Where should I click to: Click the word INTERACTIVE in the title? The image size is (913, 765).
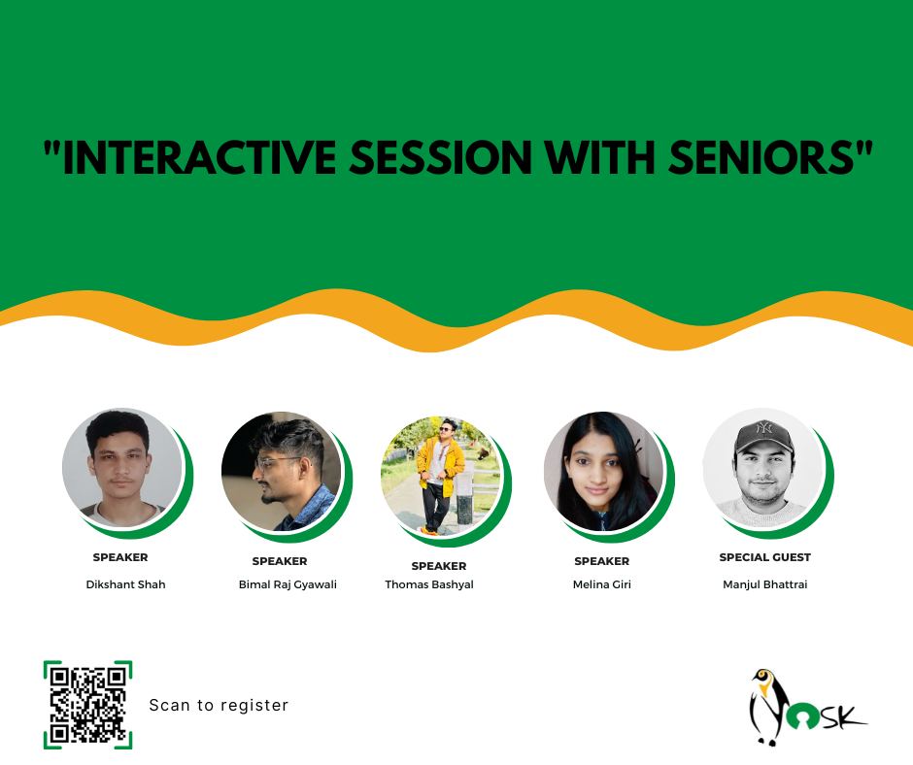(x=198, y=157)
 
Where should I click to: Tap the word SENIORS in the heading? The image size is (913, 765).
(x=761, y=157)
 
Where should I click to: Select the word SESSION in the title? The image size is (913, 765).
(x=441, y=157)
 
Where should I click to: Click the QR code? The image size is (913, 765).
(x=88, y=705)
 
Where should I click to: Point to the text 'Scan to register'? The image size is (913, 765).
(x=219, y=705)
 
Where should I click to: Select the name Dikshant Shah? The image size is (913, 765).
(x=125, y=584)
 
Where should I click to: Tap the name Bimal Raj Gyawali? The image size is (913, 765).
(x=287, y=584)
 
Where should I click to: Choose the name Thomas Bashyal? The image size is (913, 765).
(x=429, y=584)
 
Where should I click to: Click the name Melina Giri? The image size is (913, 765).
(x=602, y=584)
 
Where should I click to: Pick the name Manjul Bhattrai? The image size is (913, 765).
(x=765, y=584)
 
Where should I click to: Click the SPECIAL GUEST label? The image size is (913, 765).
(x=765, y=557)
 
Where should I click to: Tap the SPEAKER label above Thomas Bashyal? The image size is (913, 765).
(x=439, y=566)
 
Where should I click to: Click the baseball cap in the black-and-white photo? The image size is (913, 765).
(x=762, y=437)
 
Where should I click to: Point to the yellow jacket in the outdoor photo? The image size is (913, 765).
(x=440, y=466)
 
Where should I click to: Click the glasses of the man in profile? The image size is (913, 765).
(x=278, y=463)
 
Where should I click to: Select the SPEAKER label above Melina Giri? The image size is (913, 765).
(x=602, y=561)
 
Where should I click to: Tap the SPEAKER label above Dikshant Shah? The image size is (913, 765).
(x=120, y=557)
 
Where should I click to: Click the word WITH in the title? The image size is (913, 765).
(x=601, y=157)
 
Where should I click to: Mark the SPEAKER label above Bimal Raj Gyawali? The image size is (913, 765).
(x=280, y=561)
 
